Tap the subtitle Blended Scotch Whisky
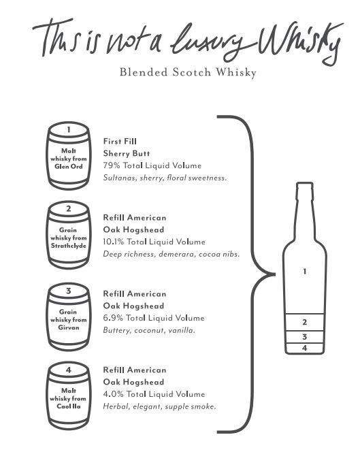point(188,72)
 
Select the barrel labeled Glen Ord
point(69,156)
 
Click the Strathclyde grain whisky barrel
point(69,235)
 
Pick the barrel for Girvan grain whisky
point(69,317)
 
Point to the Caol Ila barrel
point(69,395)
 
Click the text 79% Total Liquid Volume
point(152,165)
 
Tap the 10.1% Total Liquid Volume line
point(154,242)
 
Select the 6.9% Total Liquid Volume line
point(154,318)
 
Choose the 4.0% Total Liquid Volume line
point(154,394)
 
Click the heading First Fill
point(120,142)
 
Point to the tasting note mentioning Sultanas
point(165,178)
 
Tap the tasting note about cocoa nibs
point(171,255)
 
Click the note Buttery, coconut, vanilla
point(149,330)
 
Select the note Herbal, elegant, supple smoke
point(159,406)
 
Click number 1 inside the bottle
point(305,271)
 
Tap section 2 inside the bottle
point(305,322)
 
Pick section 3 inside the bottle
point(305,337)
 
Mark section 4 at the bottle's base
point(305,349)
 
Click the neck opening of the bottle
point(305,183)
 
